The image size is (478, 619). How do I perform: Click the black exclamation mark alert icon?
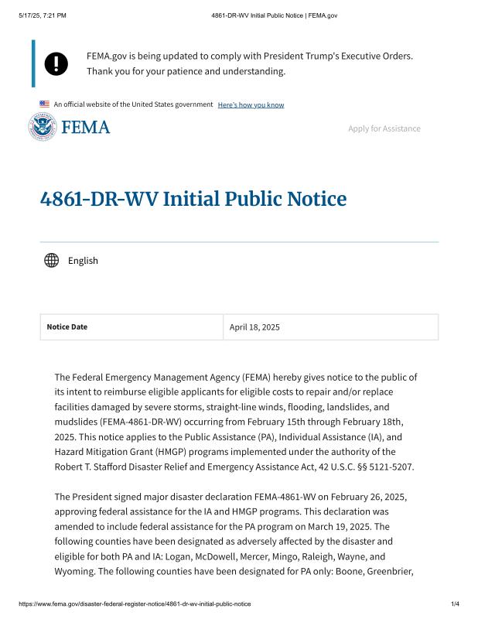coord(56,63)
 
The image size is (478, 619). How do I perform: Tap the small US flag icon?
coord(45,104)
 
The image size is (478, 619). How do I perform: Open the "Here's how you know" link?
coord(251,104)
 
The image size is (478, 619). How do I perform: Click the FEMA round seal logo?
coord(43,127)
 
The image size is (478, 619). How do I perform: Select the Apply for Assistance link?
coord(384,128)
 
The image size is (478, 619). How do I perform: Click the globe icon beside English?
coord(52,260)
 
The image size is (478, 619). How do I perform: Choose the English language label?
coord(83,261)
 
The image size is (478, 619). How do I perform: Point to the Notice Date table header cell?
coord(131,327)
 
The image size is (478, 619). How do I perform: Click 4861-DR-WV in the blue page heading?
coord(99,199)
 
